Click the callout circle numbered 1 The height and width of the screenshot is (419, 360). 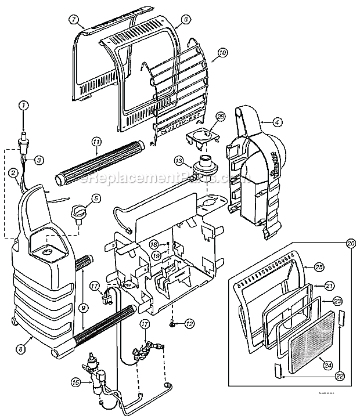tap(23, 105)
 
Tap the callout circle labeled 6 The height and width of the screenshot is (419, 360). tap(185, 19)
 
